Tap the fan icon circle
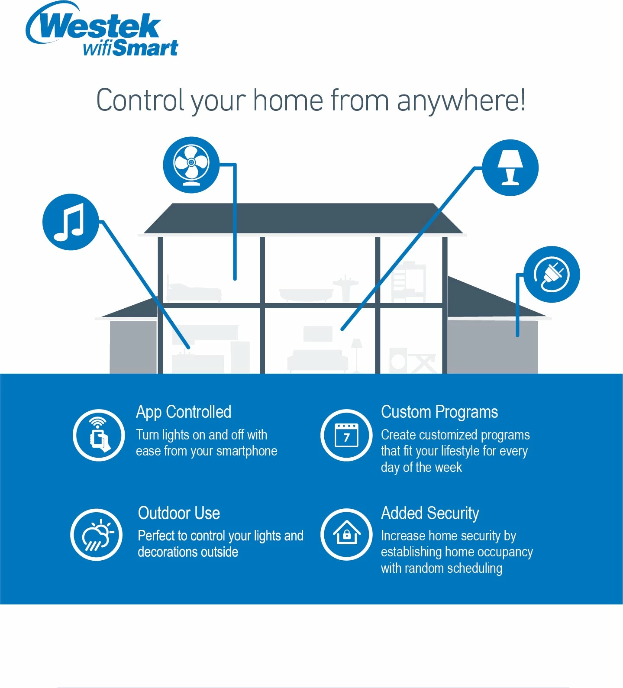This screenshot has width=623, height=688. [191, 165]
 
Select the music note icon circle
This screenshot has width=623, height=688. [71, 222]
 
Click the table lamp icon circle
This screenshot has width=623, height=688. [510, 168]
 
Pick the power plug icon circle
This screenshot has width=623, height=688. [552, 275]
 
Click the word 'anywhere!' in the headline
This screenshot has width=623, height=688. [461, 101]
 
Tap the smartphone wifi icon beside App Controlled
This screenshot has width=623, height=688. [99, 435]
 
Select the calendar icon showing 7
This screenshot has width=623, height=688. [346, 435]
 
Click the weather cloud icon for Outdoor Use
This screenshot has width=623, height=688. [97, 535]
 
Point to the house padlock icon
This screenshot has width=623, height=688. [346, 535]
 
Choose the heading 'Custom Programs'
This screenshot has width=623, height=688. [439, 412]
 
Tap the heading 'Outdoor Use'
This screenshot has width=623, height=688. [179, 513]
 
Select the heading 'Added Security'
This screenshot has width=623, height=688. [430, 514]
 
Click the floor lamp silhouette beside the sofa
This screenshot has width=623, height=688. [356, 355]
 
